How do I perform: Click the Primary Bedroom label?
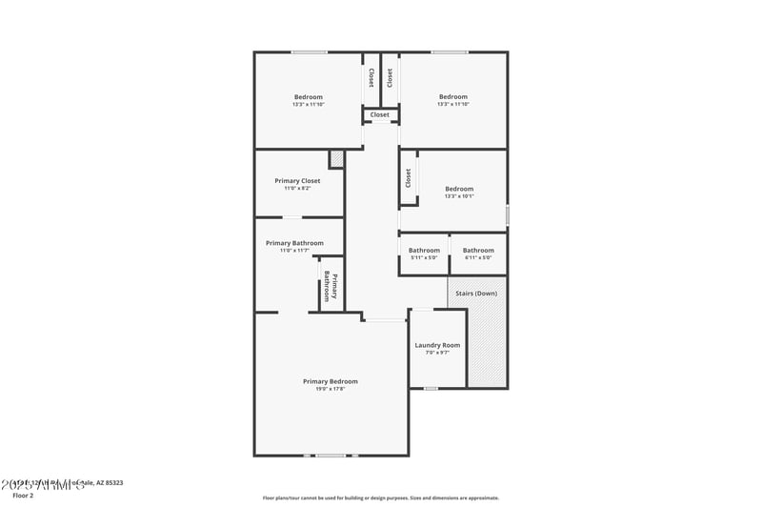(331, 381)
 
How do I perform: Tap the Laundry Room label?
(437, 345)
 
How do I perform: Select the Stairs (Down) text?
(476, 293)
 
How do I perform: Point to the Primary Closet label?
(297, 181)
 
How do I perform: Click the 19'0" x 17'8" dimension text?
(331, 389)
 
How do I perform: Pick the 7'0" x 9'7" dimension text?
(437, 353)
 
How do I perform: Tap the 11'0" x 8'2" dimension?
(297, 189)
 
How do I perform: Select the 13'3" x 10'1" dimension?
(459, 196)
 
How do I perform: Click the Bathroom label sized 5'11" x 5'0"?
(424, 251)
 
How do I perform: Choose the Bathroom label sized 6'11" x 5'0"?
(478, 251)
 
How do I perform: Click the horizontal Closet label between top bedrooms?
(380, 114)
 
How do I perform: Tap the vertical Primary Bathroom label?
(331, 286)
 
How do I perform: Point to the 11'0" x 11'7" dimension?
(294, 251)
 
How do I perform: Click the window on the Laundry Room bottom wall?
(431, 388)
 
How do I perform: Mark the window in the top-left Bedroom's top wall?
(310, 51)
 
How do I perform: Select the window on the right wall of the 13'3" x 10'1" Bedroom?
(507, 215)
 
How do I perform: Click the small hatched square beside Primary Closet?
(336, 159)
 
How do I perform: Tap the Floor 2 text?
(23, 496)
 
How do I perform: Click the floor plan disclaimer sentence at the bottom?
(381, 498)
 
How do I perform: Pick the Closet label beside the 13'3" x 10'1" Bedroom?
(409, 177)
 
